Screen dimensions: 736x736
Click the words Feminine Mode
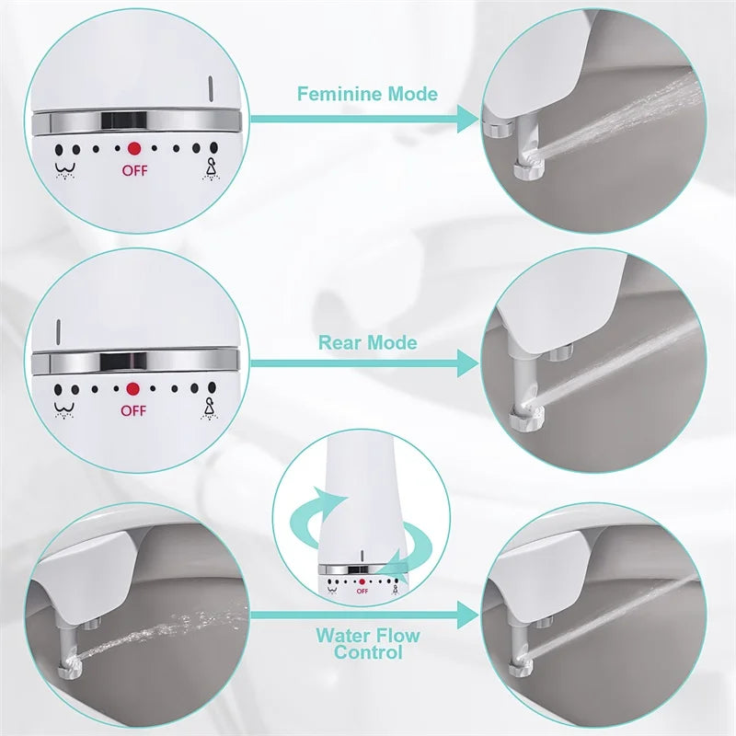point(367,94)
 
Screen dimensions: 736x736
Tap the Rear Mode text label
point(367,343)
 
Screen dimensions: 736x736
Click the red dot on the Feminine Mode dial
point(134,147)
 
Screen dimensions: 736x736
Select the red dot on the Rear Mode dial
point(133,389)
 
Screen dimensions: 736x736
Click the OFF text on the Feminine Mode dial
point(134,170)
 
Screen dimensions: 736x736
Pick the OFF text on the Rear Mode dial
point(133,411)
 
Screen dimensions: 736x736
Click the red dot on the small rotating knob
point(362,581)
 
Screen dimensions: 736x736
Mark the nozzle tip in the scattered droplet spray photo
point(70,659)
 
